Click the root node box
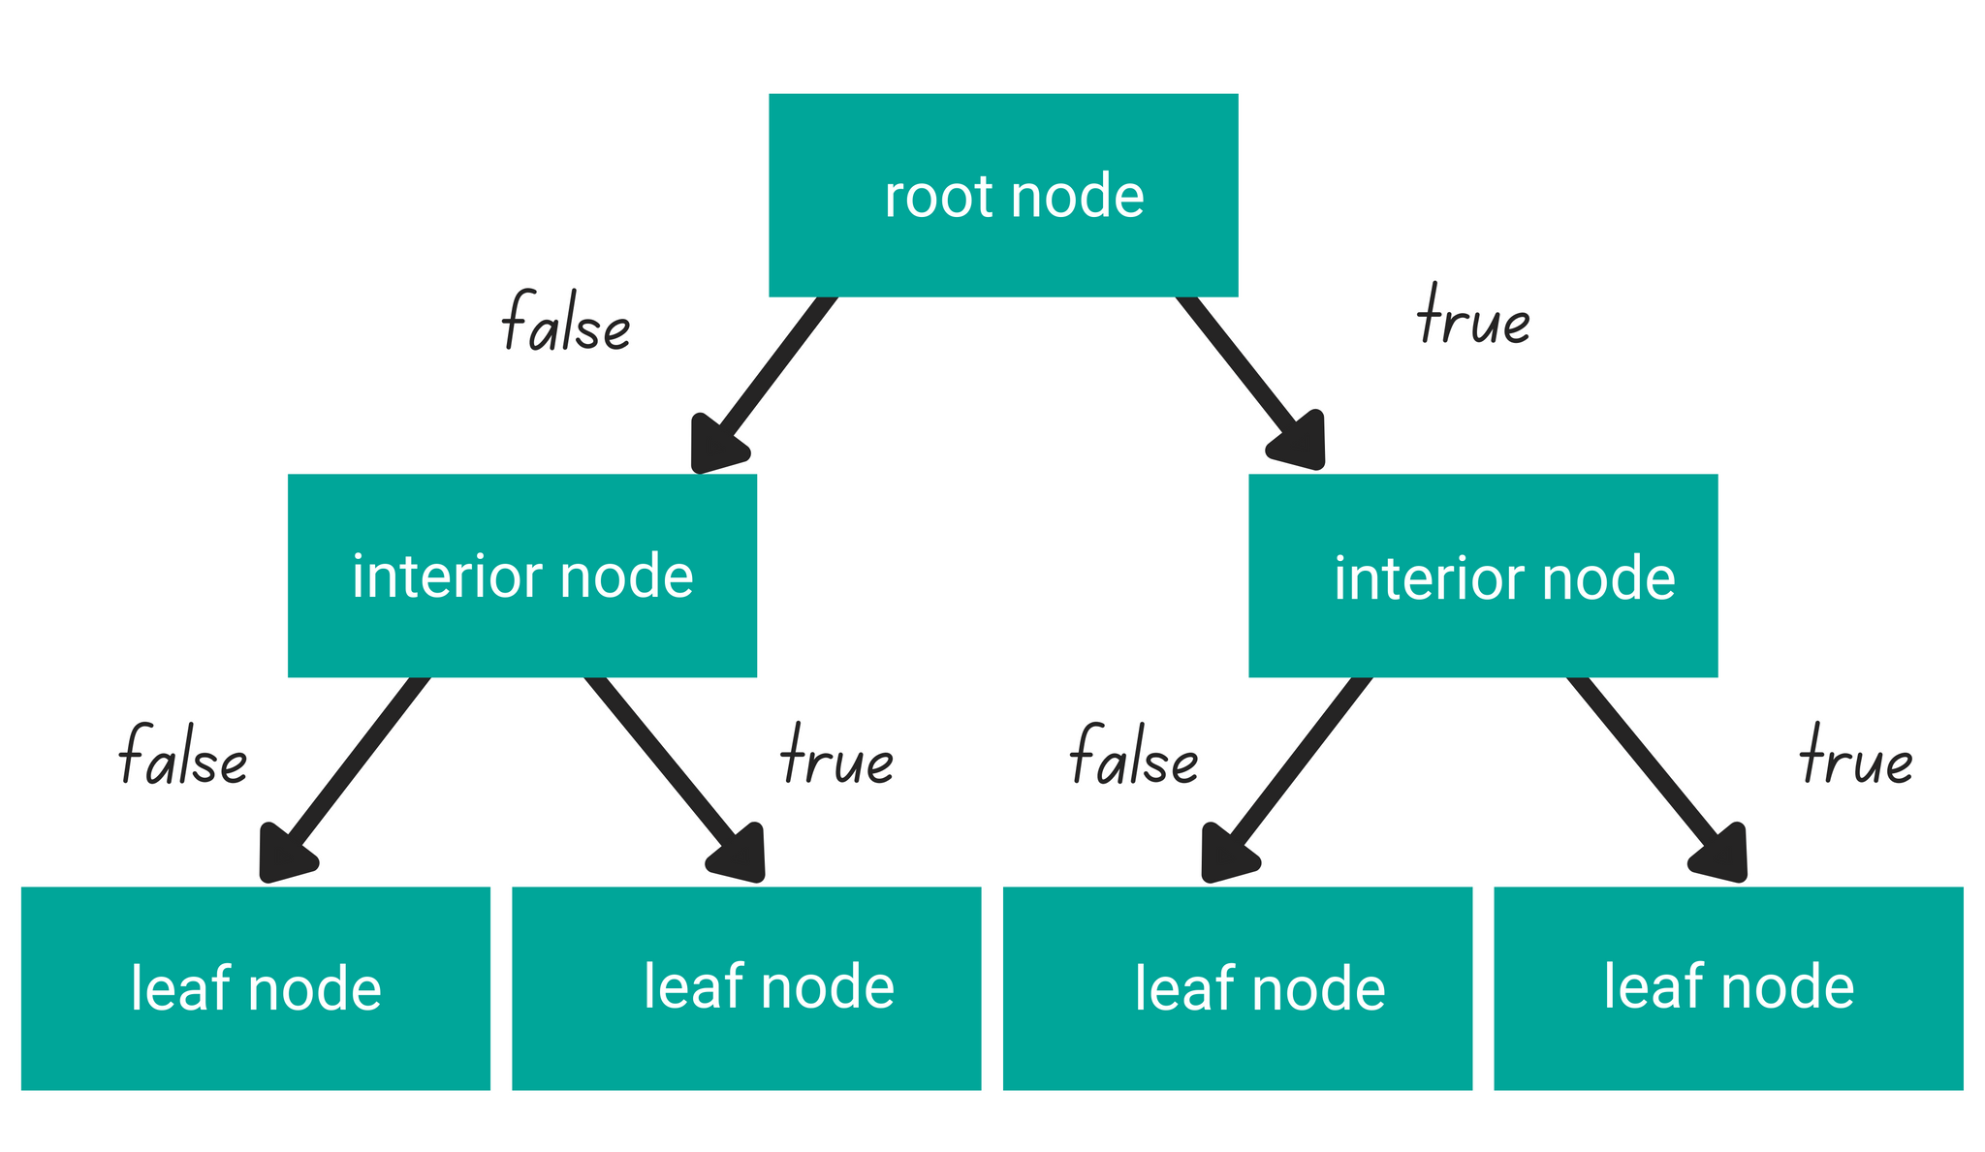coord(1003,194)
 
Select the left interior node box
coord(521,575)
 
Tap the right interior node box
coord(1483,575)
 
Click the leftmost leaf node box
coord(255,987)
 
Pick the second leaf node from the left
coord(746,987)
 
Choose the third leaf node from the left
coord(1238,987)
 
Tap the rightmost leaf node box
coord(1728,987)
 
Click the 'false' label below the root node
coord(566,322)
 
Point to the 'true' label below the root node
coord(1473,318)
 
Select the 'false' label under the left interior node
coord(182,756)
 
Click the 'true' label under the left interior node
coord(836,756)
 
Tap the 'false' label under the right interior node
coord(1134,756)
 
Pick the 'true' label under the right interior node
coord(1856,756)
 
